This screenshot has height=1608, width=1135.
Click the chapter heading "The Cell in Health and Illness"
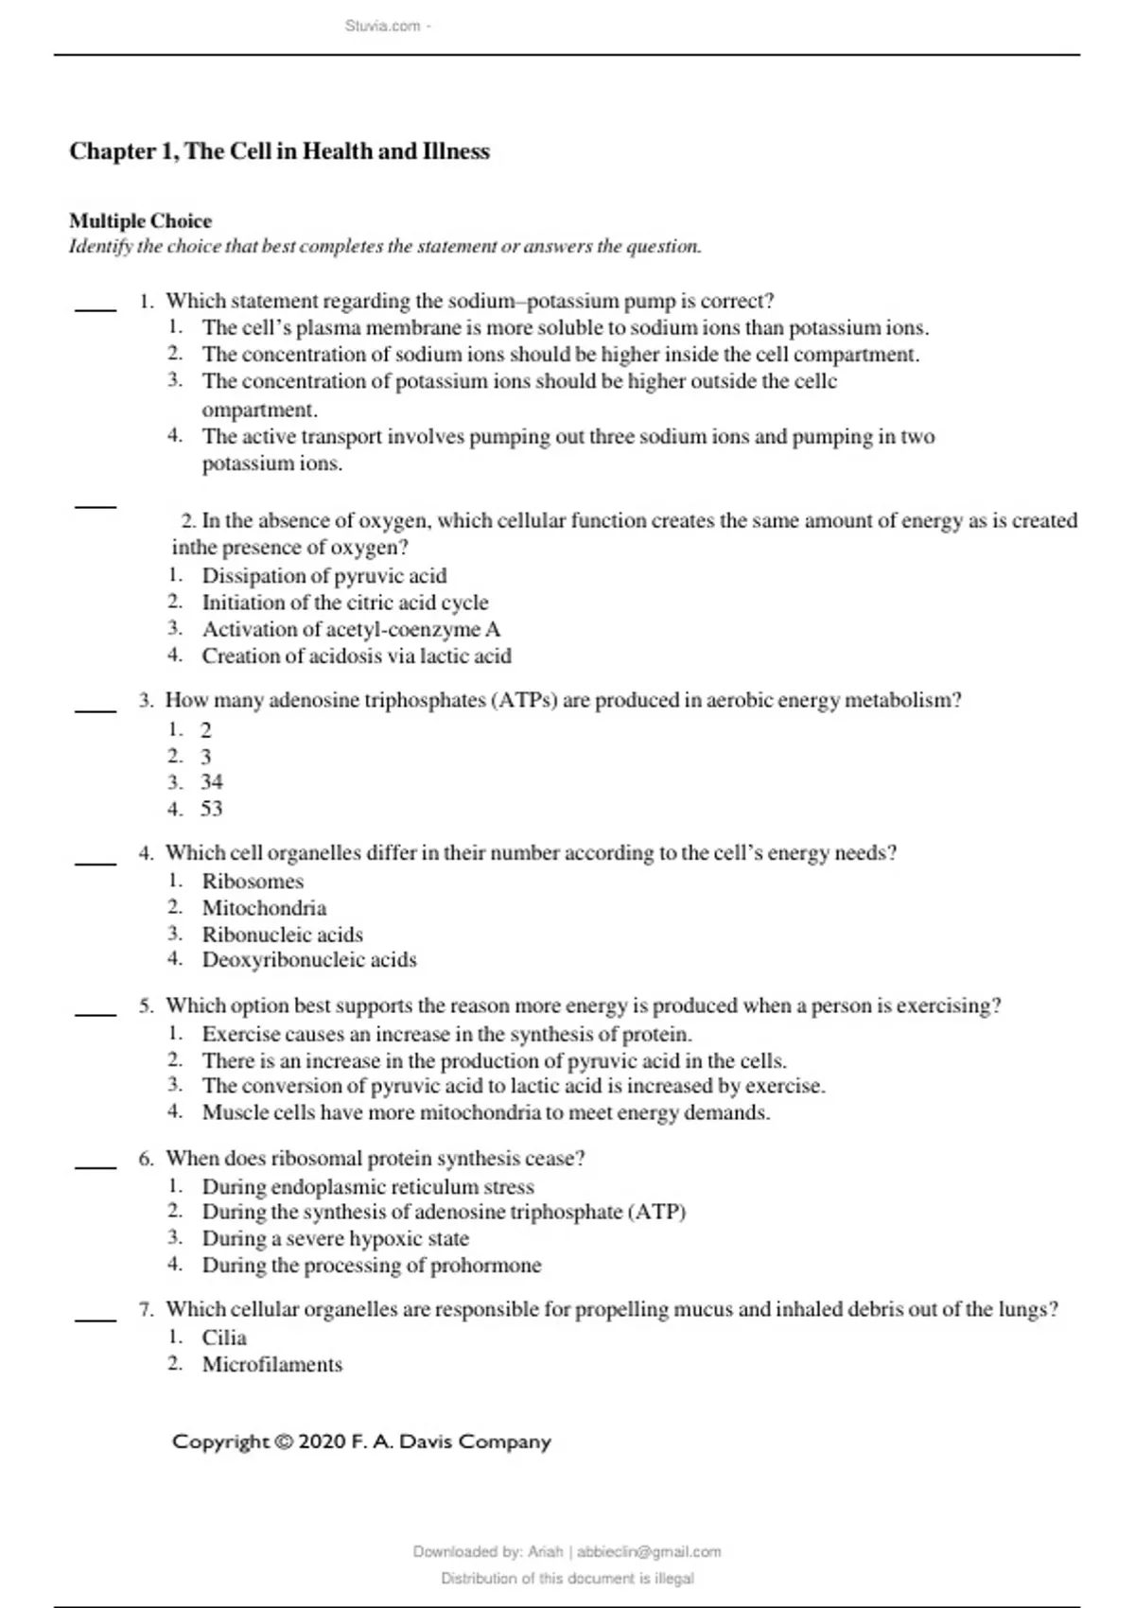click(x=279, y=151)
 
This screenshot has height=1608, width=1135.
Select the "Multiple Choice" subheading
click(x=140, y=220)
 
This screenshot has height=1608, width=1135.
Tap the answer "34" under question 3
click(x=211, y=782)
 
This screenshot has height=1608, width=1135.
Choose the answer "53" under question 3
click(x=211, y=809)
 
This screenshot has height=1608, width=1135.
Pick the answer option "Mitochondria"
click(x=264, y=908)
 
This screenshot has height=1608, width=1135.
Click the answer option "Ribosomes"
click(x=253, y=882)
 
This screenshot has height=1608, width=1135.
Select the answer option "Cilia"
click(x=224, y=1337)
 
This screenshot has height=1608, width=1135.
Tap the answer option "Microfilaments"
click(x=271, y=1364)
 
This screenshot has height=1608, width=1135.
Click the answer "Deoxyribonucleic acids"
click(x=308, y=960)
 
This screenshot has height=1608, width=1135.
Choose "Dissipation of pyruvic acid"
click(x=323, y=576)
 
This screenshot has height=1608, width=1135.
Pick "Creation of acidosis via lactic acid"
click(x=356, y=655)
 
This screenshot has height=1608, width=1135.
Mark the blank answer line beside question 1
click(x=95, y=308)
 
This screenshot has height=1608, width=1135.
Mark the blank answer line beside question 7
click(x=95, y=1319)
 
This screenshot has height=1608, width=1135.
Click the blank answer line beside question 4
click(x=95, y=863)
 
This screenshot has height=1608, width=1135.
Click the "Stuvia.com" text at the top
click(x=382, y=26)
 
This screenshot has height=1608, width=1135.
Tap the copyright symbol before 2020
click(x=283, y=1442)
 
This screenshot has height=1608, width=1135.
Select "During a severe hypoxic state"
click(x=335, y=1238)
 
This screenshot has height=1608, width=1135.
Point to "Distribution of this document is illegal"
click(x=567, y=1578)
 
